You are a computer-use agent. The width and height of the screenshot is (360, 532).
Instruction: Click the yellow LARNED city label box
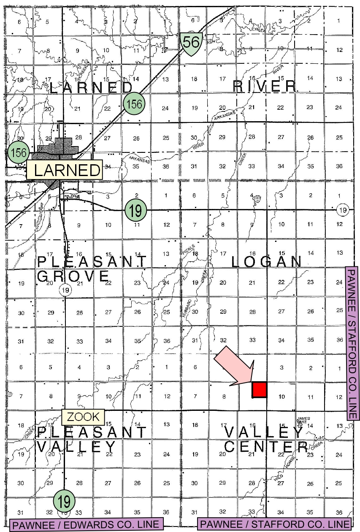[x=65, y=170]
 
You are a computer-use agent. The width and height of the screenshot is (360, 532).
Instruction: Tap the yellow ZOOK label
[x=83, y=417]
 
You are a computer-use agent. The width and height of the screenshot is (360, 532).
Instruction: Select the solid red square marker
[x=259, y=389]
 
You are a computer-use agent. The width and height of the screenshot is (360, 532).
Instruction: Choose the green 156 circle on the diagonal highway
[x=135, y=103]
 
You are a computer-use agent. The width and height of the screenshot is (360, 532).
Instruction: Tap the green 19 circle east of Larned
[x=135, y=210]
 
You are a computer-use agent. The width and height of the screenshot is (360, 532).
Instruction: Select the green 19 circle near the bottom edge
[x=65, y=501]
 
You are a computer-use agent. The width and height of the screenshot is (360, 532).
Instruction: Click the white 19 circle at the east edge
[x=344, y=210]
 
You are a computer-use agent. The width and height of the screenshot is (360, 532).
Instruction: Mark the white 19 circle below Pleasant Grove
[x=65, y=290]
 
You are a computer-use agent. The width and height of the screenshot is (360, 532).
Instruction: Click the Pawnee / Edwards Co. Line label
[x=86, y=525]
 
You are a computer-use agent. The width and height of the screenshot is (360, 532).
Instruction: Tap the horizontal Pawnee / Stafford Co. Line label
[x=274, y=525]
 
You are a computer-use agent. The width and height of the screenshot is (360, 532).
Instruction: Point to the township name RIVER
[x=265, y=87]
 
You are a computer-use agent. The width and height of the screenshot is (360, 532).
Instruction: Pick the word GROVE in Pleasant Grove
[x=73, y=277]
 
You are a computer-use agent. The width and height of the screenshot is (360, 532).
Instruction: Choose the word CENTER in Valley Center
[x=265, y=446]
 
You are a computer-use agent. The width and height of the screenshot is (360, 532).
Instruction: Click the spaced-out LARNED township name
[x=91, y=88]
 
